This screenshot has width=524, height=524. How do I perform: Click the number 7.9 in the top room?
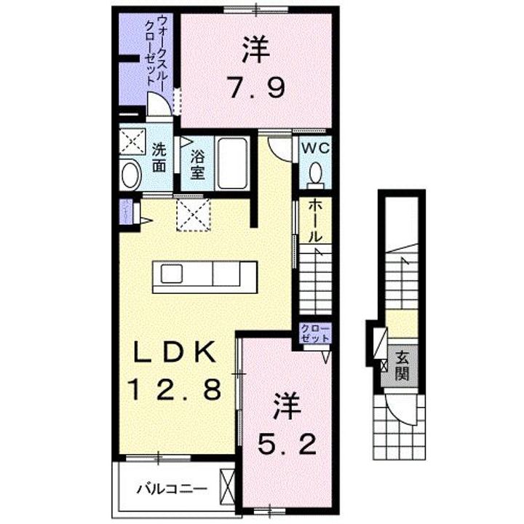click(x=254, y=90)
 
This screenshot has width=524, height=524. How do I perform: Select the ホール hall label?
click(x=315, y=221)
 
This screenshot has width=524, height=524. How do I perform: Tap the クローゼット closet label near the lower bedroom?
click(x=315, y=335)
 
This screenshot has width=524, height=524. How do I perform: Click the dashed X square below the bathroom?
click(x=193, y=216)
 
